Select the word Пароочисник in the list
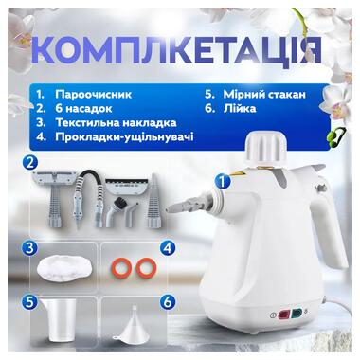(93, 94)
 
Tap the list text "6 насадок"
(83, 108)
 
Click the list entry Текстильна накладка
(116, 122)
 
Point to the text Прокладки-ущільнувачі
(124, 137)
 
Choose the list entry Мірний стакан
(264, 94)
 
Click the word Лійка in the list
(240, 108)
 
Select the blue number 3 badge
(30, 248)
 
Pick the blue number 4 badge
(168, 248)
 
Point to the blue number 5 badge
(30, 302)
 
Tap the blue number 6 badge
(168, 302)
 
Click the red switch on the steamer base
(283, 315)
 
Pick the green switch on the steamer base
(297, 314)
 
